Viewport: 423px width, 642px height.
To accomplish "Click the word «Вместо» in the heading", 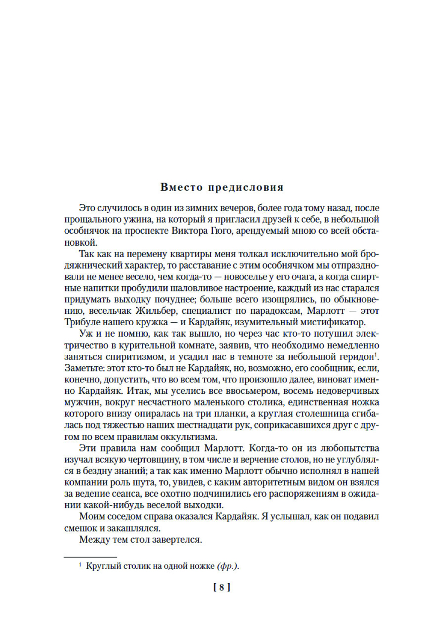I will (182, 187).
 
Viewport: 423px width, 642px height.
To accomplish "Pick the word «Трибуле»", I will (81, 322).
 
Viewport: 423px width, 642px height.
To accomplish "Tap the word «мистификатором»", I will (331, 322).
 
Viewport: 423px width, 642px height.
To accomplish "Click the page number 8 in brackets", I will (222, 587).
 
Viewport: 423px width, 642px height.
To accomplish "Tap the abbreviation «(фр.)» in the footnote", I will (228, 566).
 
